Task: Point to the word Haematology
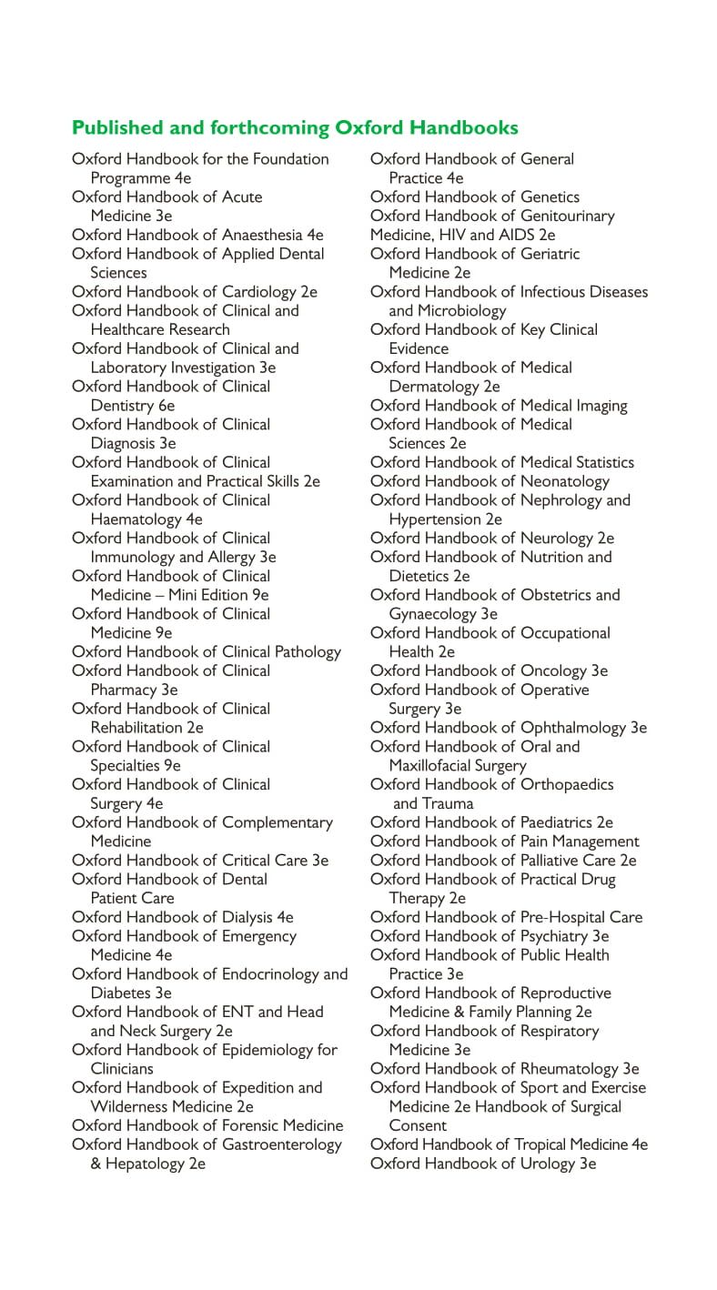coord(136,519)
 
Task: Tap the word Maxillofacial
coord(430,766)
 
